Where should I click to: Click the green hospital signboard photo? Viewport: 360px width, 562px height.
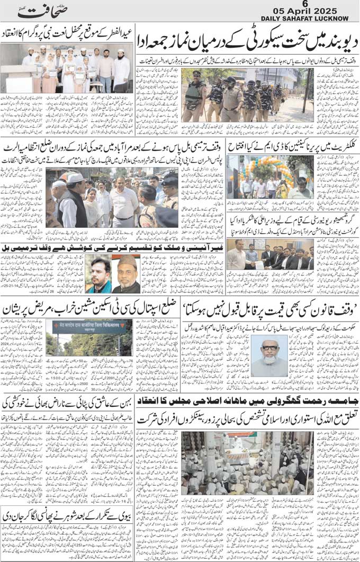(89, 338)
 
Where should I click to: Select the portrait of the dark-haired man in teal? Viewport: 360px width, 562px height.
(98, 274)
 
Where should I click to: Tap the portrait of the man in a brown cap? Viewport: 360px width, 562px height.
(126, 274)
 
